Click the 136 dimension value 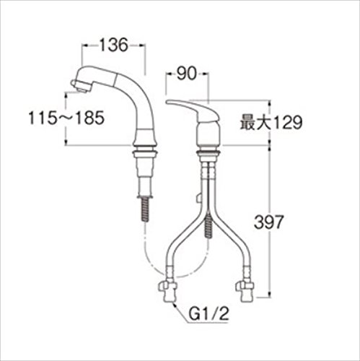(113, 45)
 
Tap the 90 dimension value (187, 74)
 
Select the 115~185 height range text (66, 118)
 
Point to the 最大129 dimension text (271, 123)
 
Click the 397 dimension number (269, 222)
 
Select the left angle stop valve (167, 292)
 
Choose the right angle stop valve (245, 292)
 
